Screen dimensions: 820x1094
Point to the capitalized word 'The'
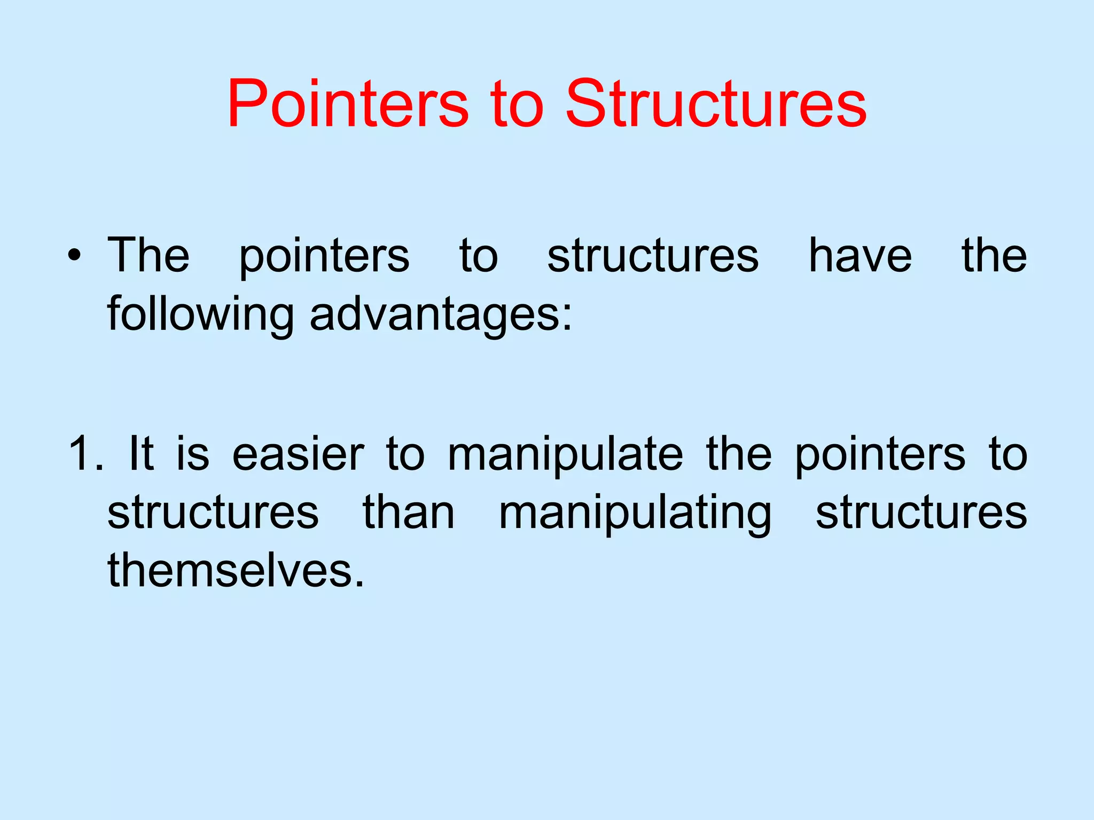(149, 255)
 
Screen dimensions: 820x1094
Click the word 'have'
(860, 256)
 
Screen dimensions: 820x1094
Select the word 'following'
(200, 315)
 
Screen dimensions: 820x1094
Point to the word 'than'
(409, 512)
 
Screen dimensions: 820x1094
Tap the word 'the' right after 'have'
(994, 255)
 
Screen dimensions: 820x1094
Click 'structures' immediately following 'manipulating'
(921, 512)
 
